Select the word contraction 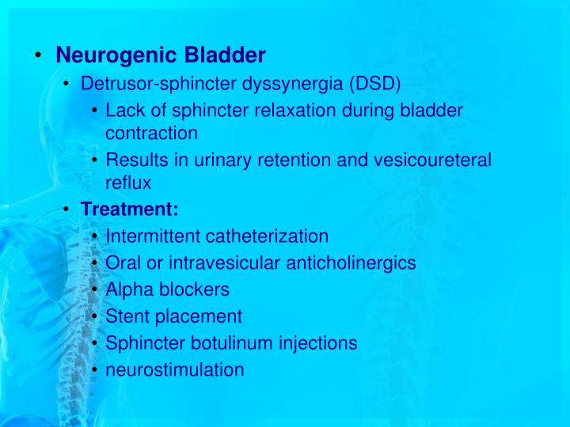pos(151,133)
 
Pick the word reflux pos(127,182)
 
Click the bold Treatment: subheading pos(130,210)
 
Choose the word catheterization pos(267,236)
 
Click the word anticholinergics pos(348,263)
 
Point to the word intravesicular pos(225,263)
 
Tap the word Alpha pos(128,289)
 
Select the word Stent pos(127,316)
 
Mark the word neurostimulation pos(175,370)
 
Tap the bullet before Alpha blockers pos(95,289)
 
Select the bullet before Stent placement pos(95,316)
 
